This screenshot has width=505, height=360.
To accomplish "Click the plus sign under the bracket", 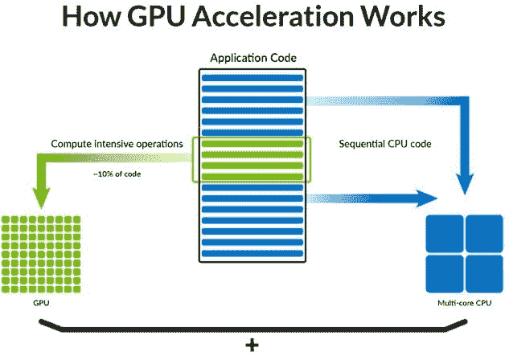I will [252, 346].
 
